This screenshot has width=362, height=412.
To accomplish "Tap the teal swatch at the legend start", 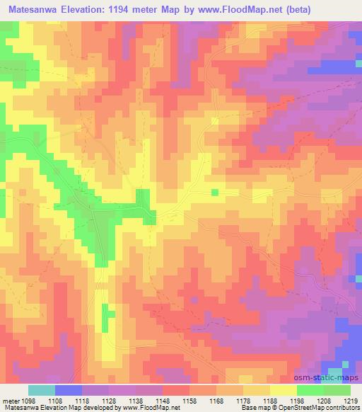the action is pos(41,390).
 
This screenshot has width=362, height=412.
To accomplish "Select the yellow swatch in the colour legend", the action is pos(283,390).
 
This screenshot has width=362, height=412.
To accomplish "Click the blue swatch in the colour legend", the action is pos(69,390).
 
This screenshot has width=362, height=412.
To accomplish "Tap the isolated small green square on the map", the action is pos(215,192).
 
